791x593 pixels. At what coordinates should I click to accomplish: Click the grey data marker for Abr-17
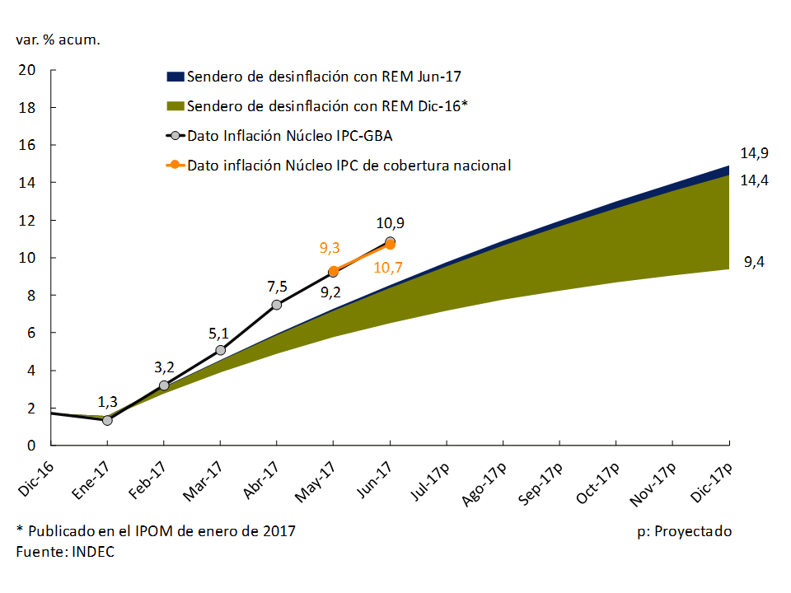pos(276,305)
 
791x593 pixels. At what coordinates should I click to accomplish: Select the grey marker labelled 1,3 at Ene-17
pos(107,420)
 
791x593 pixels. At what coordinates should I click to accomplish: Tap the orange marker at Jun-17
pos(390,245)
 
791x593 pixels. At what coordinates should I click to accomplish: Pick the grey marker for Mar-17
pos(220,350)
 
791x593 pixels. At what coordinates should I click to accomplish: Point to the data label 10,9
pos(390,222)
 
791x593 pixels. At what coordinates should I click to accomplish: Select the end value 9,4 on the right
pos(754,263)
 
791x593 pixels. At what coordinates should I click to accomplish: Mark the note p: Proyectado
pos(684,531)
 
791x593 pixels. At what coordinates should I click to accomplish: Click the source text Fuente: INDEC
pos(65,552)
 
